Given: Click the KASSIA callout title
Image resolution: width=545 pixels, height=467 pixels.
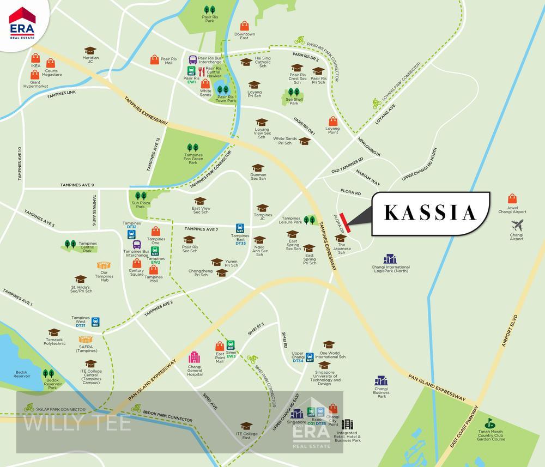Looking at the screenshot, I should point(430,213).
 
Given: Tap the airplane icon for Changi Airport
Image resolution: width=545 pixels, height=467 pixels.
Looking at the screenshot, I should point(517,225).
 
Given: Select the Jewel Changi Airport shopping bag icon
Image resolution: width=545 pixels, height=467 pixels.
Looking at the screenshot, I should point(512,199).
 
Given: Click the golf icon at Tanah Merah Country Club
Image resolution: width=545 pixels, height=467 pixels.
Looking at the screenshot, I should point(491,422).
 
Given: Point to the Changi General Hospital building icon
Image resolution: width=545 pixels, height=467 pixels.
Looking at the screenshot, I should point(194,357).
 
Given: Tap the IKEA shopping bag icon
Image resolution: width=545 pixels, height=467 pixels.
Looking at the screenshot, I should point(35,58).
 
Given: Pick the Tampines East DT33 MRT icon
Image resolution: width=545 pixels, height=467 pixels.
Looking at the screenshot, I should point(240,228).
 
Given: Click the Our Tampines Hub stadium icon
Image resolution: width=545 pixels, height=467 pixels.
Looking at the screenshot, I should point(104,265).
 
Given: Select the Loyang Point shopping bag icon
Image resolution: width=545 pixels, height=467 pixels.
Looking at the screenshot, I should point(332,122).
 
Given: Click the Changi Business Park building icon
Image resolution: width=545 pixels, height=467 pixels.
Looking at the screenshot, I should point(381,381).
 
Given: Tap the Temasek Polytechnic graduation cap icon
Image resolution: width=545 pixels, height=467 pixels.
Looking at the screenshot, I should point(54,332).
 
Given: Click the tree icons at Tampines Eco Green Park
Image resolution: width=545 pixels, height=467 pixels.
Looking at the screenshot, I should point(192,148).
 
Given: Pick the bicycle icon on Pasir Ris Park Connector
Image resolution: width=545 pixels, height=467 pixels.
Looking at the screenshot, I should point(299,40).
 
